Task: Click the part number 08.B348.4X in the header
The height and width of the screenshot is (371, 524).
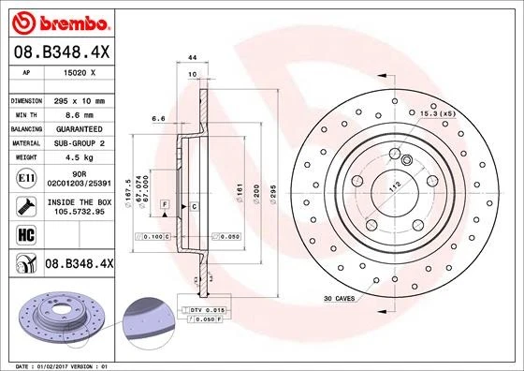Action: pyautogui.click(x=62, y=52)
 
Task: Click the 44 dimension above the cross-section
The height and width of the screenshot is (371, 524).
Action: pyautogui.click(x=192, y=59)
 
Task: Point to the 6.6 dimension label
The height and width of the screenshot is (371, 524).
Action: pyautogui.click(x=159, y=119)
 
